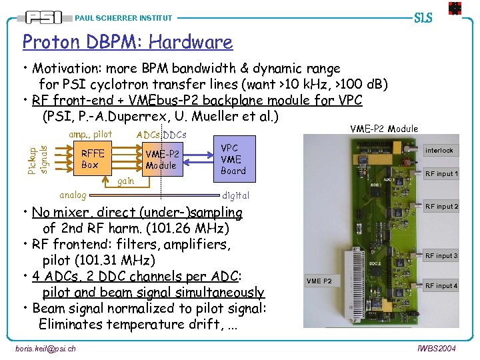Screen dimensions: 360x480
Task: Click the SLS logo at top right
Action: [424, 17]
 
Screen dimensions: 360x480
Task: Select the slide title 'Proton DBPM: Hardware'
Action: [127, 42]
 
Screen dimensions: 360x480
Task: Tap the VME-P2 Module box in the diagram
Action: [161, 159]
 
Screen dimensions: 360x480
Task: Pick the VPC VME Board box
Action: [233, 159]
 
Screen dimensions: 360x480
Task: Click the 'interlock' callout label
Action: [439, 151]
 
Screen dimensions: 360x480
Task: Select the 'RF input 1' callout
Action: [441, 174]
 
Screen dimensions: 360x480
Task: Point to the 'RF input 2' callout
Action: [441, 207]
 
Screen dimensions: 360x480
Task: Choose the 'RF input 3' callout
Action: [441, 256]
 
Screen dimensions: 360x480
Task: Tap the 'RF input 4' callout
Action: [441, 286]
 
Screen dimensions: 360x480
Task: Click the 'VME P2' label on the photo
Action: [319, 281]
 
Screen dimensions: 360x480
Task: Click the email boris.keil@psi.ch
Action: [45, 349]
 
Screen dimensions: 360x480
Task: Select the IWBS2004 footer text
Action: [436, 349]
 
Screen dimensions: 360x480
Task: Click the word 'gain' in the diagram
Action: [125, 181]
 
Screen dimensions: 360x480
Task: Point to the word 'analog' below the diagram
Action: [73, 195]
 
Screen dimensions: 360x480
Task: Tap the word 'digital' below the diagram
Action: [235, 195]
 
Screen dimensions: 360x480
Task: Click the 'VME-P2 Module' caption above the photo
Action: [384, 129]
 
